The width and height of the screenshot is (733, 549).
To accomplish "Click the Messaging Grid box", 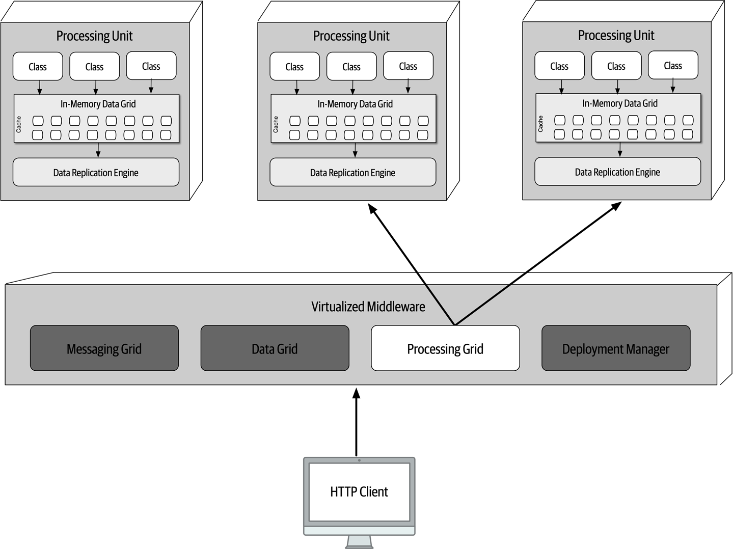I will coord(104,348).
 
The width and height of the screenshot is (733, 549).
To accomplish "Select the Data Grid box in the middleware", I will coord(275,348).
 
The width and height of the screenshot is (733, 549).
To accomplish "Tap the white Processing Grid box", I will coord(445,348).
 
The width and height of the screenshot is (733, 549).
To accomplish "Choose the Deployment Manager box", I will coord(615,348).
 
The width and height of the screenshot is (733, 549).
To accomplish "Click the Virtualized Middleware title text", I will coord(368,307).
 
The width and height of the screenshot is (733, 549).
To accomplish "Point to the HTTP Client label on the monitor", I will coord(359,491).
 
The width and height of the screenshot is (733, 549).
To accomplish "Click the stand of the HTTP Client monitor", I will coord(359,541).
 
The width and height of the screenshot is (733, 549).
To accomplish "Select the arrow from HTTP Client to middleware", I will coord(357,423).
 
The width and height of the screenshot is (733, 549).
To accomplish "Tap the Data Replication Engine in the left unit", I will coord(96,173).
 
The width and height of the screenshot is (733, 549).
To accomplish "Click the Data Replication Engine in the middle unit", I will coord(352,173).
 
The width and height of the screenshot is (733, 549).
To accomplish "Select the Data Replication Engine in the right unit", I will coord(617,172).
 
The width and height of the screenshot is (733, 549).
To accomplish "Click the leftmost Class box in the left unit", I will coord(38,66).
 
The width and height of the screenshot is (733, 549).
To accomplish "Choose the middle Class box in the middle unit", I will coord(351,66).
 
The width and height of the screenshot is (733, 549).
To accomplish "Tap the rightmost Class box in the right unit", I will coord(673,65).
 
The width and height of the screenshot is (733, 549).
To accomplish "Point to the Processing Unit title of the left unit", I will coord(94,36).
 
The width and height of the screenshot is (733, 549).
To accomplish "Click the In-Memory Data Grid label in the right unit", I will coord(620,103).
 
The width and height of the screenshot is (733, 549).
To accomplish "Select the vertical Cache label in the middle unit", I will coord(276,124).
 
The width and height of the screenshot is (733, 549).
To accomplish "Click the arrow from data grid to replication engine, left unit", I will coord(98,150).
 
